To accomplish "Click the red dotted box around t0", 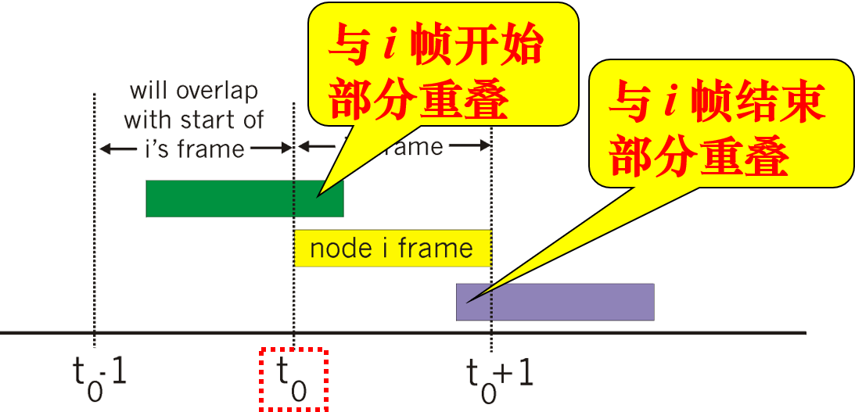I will point(293,379).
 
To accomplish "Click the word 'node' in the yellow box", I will point(340,249).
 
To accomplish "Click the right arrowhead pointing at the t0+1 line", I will point(483,145).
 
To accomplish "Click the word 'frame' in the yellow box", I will point(435,249).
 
